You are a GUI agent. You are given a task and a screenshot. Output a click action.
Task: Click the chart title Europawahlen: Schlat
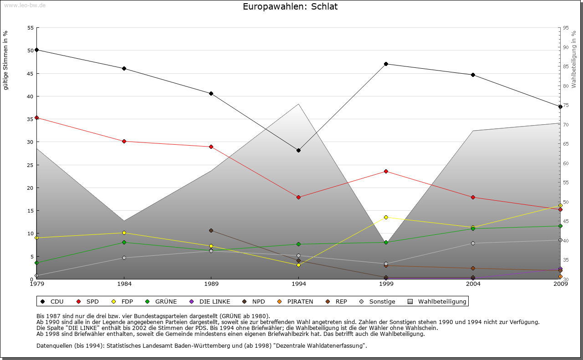[x=290, y=7]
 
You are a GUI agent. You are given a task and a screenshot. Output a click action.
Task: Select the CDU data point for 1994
[x=298, y=150]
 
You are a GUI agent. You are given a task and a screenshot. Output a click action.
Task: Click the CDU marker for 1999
[x=386, y=64]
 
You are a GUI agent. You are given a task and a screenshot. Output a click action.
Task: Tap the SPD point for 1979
[x=36, y=117]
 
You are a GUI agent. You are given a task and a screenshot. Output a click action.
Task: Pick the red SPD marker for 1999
[x=386, y=171]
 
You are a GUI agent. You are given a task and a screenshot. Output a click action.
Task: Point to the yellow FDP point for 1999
[x=386, y=217]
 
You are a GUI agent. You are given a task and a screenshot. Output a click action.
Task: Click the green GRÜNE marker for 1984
[x=124, y=242]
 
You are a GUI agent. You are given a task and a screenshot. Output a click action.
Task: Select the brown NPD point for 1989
[x=211, y=230]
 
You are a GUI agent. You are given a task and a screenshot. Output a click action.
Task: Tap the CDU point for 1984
[x=124, y=68]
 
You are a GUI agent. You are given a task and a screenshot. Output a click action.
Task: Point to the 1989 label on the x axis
[x=211, y=284]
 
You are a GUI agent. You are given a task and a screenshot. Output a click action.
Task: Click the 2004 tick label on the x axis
[x=473, y=284]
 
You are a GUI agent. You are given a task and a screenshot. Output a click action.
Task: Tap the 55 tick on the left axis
[x=31, y=28]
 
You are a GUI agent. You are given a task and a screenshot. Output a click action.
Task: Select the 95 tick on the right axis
[x=565, y=28]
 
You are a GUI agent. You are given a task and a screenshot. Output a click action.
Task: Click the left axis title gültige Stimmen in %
[x=6, y=60]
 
